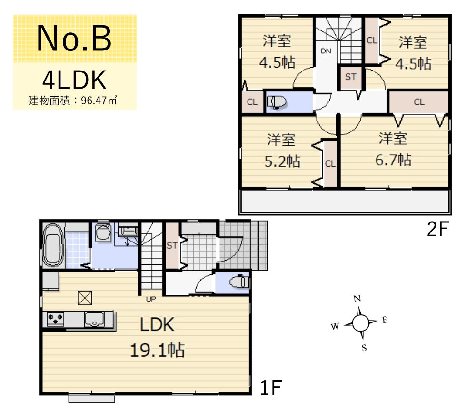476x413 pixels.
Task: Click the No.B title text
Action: point(74,38)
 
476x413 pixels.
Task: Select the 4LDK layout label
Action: point(74,80)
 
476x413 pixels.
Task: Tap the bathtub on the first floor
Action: point(53,245)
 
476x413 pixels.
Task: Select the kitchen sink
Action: point(94,319)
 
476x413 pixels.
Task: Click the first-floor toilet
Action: point(239,282)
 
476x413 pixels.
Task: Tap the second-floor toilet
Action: point(276,102)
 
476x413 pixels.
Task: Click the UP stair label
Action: point(151,299)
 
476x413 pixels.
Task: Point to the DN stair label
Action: point(326,51)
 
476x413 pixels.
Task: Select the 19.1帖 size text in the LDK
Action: point(157,350)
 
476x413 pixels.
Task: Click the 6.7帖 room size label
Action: point(393,160)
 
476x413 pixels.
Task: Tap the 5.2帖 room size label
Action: point(282,161)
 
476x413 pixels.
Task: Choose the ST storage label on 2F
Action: point(350,77)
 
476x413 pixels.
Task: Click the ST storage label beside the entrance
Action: point(172,245)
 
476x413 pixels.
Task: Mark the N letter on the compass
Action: point(357,299)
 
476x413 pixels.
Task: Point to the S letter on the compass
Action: point(364,348)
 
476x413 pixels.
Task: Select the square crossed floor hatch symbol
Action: point(85,298)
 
